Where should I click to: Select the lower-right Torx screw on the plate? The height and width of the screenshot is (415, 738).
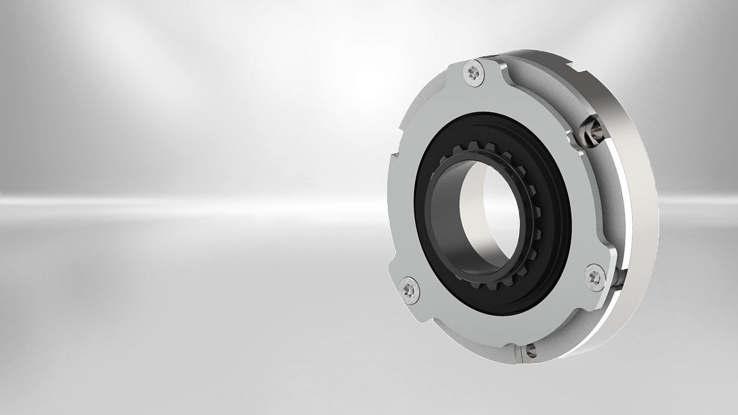594,274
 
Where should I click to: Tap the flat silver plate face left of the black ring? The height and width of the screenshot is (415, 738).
402,215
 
